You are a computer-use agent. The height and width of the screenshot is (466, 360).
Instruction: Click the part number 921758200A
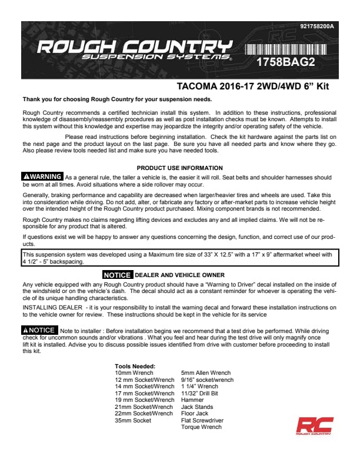pyautogui.click(x=316, y=27)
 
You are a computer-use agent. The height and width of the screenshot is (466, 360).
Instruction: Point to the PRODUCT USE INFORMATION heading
pyautogui.click(x=179, y=168)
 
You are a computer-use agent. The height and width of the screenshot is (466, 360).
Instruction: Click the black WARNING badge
pyautogui.click(x=42, y=177)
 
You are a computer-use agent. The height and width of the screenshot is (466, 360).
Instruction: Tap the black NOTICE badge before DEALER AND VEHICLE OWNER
pyautogui.click(x=117, y=275)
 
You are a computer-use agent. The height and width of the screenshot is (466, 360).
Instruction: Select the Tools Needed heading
pyautogui.click(x=135, y=367)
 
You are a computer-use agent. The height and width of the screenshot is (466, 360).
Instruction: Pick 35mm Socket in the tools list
pyautogui.click(x=133, y=421)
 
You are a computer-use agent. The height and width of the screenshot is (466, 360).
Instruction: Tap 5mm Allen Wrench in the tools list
pyautogui.click(x=206, y=373)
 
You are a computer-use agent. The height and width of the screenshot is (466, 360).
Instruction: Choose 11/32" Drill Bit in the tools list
pyautogui.click(x=199, y=393)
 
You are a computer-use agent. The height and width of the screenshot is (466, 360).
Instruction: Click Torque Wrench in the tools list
pyautogui.click(x=201, y=427)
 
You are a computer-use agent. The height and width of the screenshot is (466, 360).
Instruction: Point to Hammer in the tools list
pyautogui.click(x=192, y=400)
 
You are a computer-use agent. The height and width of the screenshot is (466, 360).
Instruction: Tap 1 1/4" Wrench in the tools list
pyautogui.click(x=199, y=387)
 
